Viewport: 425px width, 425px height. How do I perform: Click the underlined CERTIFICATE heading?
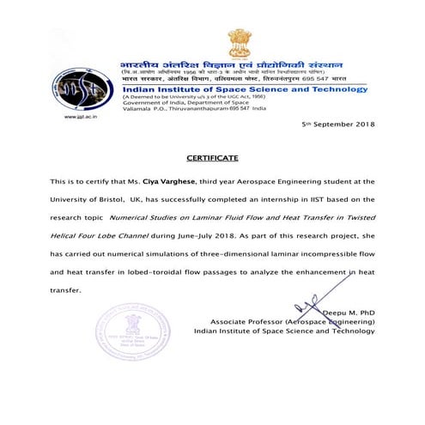coord(212,159)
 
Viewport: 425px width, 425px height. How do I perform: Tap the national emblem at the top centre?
coord(238,43)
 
